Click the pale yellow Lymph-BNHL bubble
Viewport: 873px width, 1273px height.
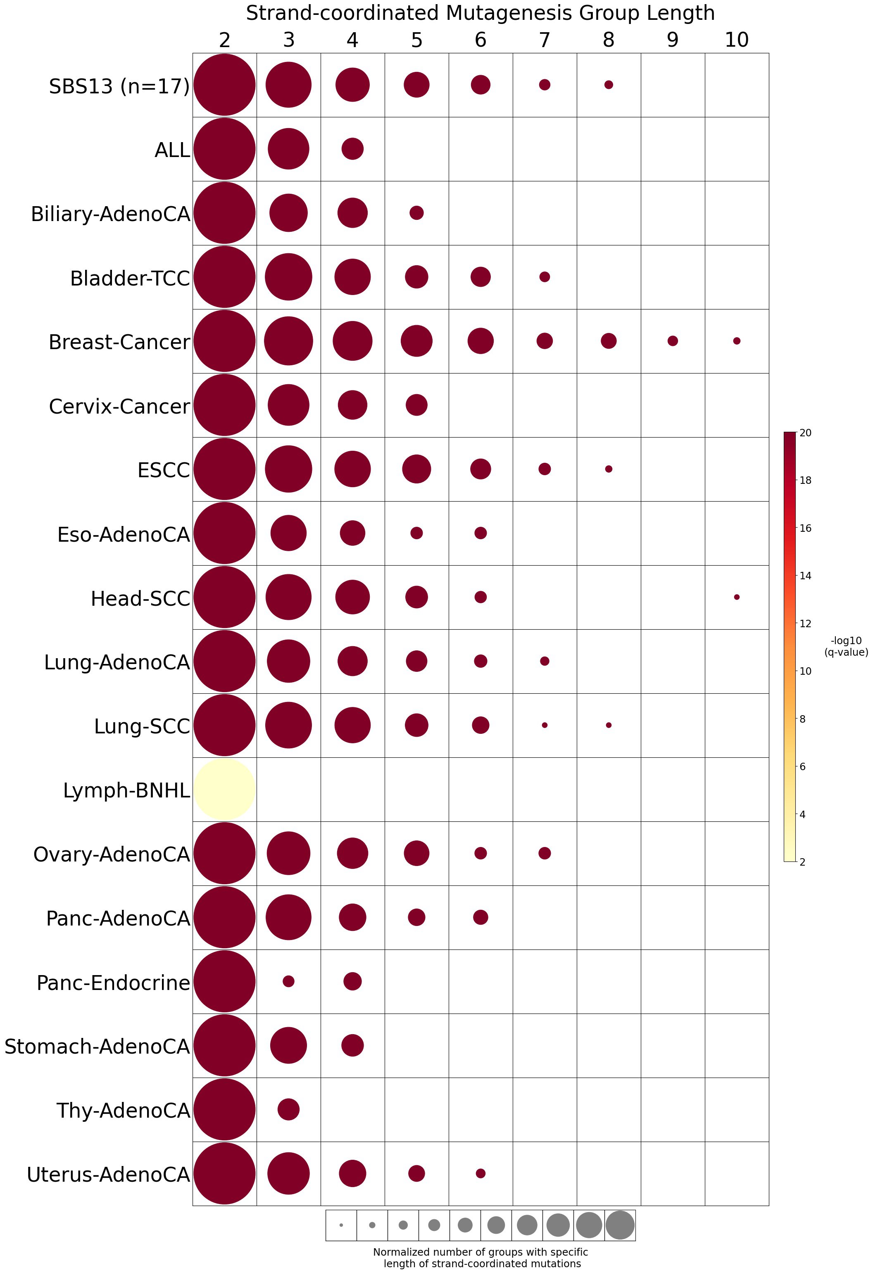[x=224, y=789]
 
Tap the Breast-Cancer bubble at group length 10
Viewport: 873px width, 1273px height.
[x=737, y=341]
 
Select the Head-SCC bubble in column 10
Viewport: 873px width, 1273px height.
[x=737, y=597]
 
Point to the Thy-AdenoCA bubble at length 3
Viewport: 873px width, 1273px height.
[x=289, y=1109]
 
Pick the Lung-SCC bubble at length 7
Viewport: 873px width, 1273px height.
[x=545, y=725]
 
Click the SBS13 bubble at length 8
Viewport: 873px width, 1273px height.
[x=609, y=85]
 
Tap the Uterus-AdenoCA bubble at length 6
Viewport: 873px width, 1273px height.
[x=481, y=1173]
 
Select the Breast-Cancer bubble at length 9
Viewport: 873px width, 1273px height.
[x=673, y=341]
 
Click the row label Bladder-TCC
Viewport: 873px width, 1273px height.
[x=130, y=278]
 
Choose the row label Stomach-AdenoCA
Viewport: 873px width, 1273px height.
[x=97, y=1046]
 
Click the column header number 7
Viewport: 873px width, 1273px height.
[x=545, y=40]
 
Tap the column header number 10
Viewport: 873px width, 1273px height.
[x=737, y=40]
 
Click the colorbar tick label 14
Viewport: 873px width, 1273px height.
[x=806, y=576]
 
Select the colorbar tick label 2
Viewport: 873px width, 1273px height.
[x=803, y=861]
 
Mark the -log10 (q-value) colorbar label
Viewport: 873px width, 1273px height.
[x=846, y=646]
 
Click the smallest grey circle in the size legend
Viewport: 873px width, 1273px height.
[x=341, y=1225]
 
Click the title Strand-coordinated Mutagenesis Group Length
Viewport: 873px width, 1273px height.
[x=481, y=13]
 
